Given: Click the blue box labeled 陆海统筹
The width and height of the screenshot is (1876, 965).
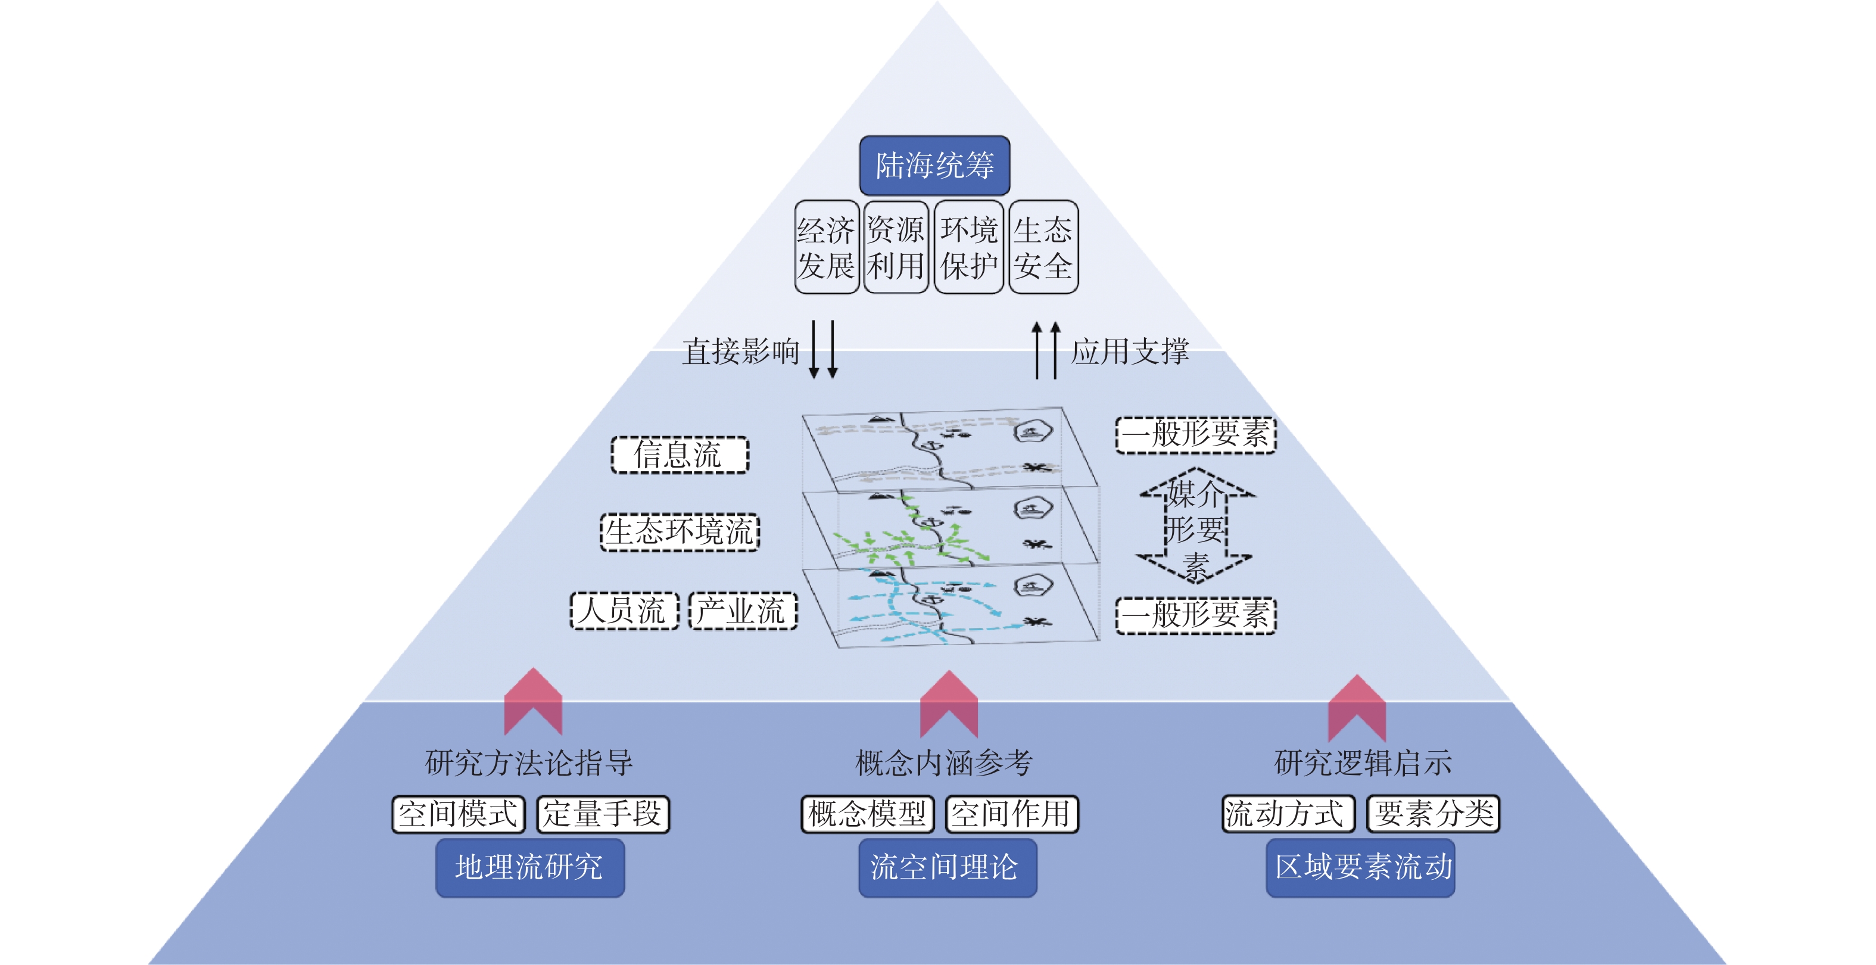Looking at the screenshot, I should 934,166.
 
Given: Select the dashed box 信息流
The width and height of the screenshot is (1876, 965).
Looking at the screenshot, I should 679,455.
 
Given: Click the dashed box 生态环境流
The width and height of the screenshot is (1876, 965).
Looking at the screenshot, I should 680,532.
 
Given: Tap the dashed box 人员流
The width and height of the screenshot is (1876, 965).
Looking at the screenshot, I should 624,611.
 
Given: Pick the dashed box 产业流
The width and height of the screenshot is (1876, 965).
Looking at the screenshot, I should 742,611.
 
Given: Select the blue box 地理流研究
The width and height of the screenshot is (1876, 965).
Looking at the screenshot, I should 529,867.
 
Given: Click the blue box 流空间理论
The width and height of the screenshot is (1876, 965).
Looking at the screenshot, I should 947,867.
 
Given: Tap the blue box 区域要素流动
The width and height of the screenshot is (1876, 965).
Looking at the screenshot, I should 1360,867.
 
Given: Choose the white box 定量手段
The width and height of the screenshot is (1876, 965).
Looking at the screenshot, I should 602,814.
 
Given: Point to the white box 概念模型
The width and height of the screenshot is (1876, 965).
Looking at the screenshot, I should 867,814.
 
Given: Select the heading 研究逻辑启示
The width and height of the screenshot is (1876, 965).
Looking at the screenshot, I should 1363,762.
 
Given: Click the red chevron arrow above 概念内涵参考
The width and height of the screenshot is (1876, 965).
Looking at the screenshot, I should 948,703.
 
